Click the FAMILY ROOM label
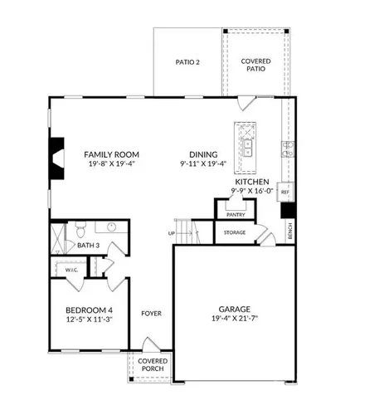point(111,154)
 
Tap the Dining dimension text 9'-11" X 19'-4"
point(203,163)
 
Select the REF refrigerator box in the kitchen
point(285,192)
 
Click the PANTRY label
point(236,215)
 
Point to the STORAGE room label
point(235,232)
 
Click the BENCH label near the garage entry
point(289,231)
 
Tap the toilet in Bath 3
point(80,229)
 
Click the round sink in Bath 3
point(111,227)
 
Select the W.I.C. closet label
point(71,270)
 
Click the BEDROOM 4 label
point(89,310)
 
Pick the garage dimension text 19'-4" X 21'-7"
point(235,319)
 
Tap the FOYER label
point(151,314)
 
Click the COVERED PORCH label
point(153,365)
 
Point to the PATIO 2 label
point(187,62)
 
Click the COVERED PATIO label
point(255,65)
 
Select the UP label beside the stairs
point(172,233)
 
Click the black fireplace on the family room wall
point(57,158)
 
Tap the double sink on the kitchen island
point(247,148)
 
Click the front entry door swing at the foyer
point(151,344)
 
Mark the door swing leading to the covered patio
point(246,103)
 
